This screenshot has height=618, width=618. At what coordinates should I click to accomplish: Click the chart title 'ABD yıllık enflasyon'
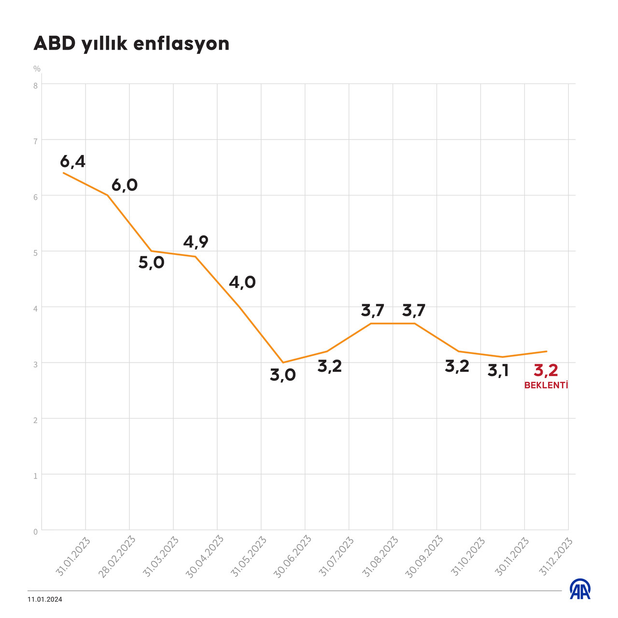131,44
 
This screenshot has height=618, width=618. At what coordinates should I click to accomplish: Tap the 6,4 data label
73,162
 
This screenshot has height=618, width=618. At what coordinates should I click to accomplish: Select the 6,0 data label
125,185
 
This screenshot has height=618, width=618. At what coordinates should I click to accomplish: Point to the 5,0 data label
152,263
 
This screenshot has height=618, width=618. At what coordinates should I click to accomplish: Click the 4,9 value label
196,242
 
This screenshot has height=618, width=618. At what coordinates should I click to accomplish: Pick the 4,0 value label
242,282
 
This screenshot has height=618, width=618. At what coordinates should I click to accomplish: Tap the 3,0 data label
283,375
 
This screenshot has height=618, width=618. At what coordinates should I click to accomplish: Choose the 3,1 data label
498,371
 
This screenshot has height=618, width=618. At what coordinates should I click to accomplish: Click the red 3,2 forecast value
546,371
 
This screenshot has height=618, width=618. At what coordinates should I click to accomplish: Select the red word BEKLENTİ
546,385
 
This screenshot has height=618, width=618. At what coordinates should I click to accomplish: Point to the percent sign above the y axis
37,69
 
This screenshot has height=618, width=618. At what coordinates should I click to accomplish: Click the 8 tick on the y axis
35,85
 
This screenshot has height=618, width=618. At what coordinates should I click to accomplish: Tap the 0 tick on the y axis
35,532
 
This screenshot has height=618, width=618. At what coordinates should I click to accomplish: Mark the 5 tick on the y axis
35,253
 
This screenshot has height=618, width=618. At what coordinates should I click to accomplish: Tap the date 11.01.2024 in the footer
45,600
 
